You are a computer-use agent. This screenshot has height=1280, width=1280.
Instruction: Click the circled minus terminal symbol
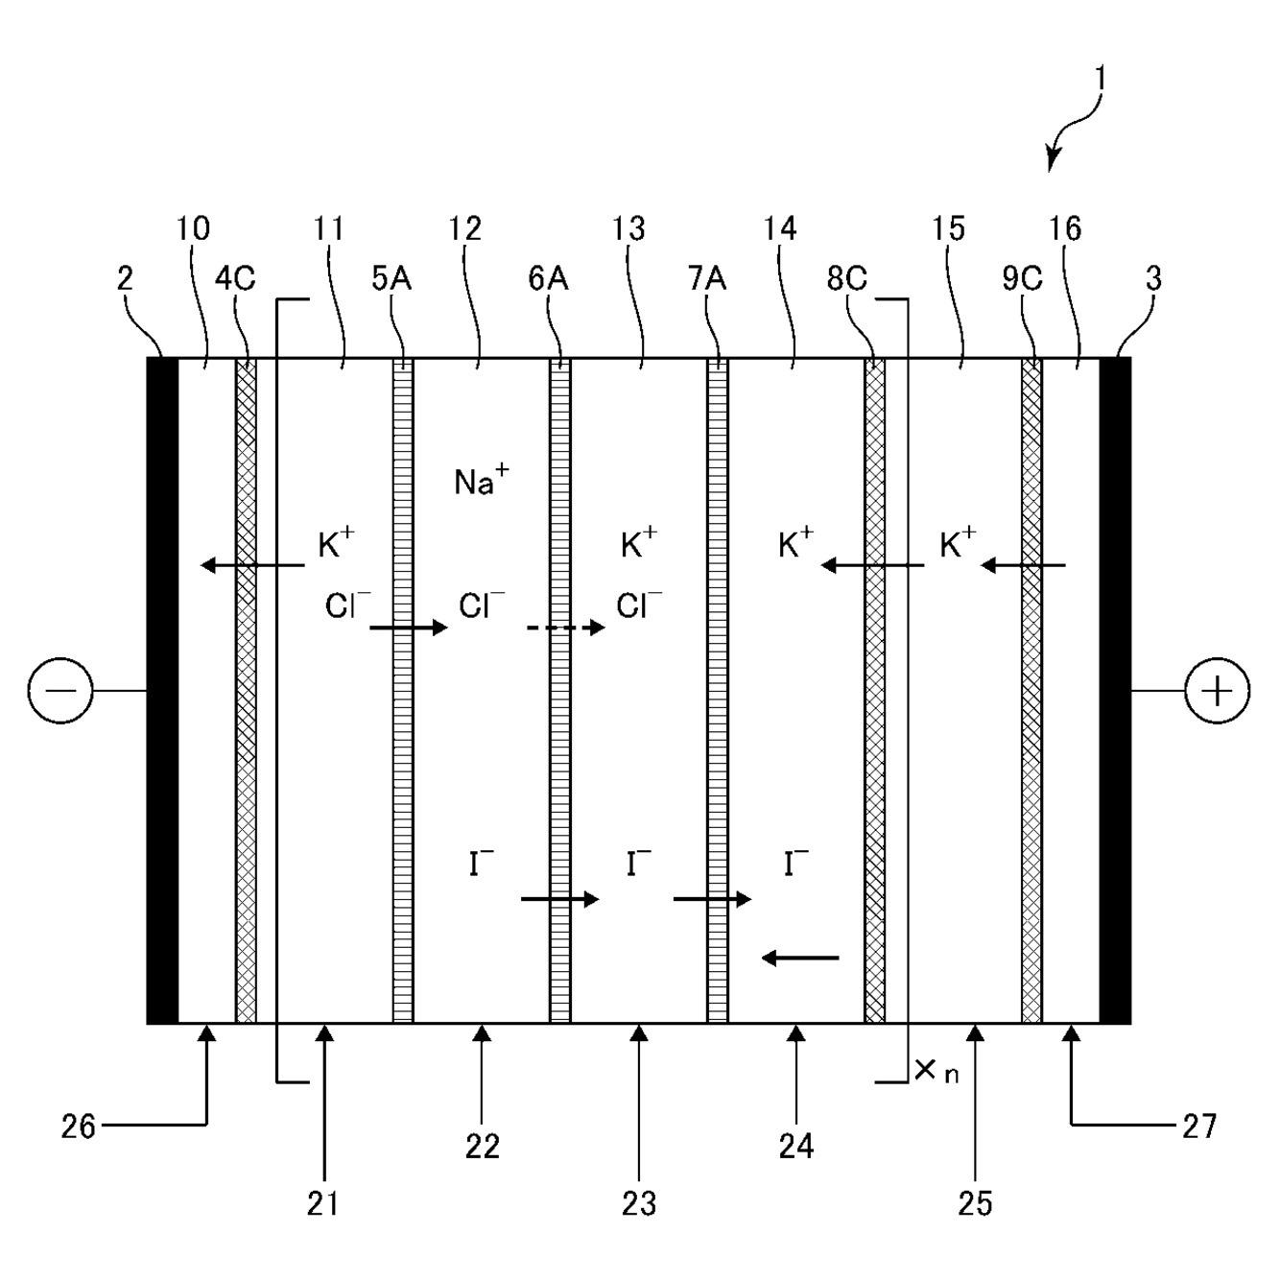pyautogui.click(x=59, y=691)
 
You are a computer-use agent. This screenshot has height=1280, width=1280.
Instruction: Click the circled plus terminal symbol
pyautogui.click(x=1218, y=692)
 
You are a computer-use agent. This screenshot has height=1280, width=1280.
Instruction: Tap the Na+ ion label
pyautogui.click(x=482, y=481)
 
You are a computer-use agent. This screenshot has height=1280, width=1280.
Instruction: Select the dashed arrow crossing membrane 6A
pyautogui.click(x=565, y=628)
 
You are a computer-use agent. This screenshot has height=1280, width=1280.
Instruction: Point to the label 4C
pyautogui.click(x=234, y=278)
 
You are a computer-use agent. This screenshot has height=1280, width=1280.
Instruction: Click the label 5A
pyautogui.click(x=391, y=278)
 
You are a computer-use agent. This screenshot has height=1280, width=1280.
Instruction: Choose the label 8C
pyautogui.click(x=846, y=278)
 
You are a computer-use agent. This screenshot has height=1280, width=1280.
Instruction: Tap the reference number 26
pyautogui.click(x=79, y=1126)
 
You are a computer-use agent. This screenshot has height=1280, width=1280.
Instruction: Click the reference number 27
pyautogui.click(x=1199, y=1126)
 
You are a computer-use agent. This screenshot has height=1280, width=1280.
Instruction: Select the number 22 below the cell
pyautogui.click(x=483, y=1147)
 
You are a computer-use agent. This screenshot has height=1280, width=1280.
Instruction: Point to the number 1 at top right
pyautogui.click(x=1101, y=81)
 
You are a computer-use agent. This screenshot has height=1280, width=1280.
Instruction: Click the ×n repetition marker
pyautogui.click(x=936, y=1072)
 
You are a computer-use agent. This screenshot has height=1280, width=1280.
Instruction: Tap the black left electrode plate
pyautogui.click(x=163, y=691)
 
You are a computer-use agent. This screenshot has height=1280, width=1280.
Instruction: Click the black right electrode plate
pyautogui.click(x=1115, y=691)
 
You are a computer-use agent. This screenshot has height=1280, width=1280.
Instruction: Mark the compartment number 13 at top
pyautogui.click(x=628, y=229)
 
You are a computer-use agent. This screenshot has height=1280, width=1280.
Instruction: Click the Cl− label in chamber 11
pyautogui.click(x=347, y=604)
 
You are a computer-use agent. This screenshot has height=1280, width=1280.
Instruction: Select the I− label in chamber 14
pyautogui.click(x=795, y=863)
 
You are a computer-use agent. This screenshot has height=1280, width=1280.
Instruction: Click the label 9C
pyautogui.click(x=1022, y=278)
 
